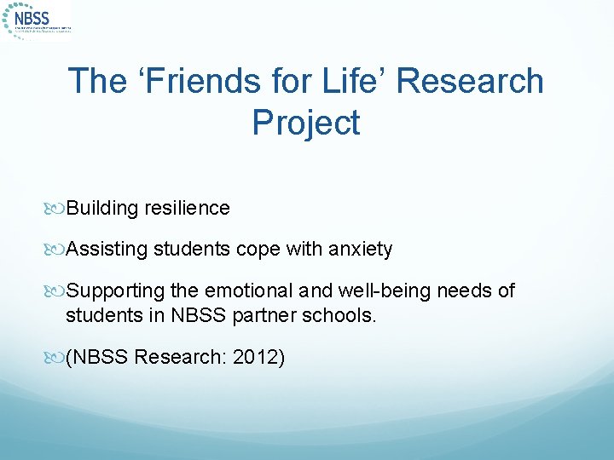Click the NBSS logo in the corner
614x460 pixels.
point(38,20)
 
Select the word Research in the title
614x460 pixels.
point(471,81)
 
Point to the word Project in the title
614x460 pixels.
point(306,123)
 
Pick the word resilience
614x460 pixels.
point(188,208)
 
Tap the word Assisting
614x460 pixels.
point(107,249)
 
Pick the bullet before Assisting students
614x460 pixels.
point(58,250)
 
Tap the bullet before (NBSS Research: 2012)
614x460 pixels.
point(58,358)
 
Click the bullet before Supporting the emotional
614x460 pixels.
point(58,291)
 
